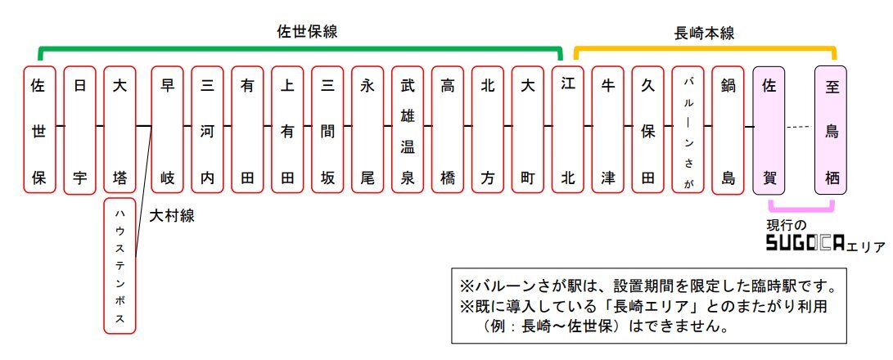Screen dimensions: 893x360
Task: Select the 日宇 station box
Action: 79,129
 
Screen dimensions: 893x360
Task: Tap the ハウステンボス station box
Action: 120,265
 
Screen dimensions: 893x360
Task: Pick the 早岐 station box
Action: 168,129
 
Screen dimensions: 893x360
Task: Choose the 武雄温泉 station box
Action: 408,129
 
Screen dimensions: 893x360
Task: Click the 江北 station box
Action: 568,129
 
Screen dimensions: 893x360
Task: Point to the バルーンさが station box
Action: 688,129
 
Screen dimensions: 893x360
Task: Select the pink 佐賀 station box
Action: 769,130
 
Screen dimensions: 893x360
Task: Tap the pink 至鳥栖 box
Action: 830,130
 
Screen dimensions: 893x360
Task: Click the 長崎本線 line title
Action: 704,33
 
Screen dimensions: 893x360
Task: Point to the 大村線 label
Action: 172,216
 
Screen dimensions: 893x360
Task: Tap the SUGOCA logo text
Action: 805,243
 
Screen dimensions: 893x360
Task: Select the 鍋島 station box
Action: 728,129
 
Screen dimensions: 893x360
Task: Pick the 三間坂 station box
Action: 327,129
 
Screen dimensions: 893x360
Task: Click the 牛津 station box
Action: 607,129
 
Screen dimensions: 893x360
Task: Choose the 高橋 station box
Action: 448,129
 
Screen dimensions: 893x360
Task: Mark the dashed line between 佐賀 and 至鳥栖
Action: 800,126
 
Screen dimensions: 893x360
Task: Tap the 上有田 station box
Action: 287,129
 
